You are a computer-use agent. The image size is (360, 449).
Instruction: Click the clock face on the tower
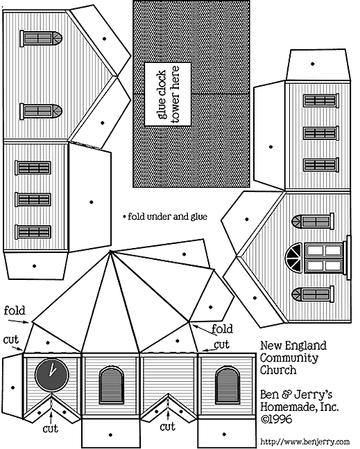(52, 375)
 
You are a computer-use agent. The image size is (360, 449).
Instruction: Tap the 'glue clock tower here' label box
(168, 94)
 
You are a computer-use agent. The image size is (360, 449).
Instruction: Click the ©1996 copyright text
(276, 419)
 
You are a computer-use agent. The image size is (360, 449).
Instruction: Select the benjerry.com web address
(305, 441)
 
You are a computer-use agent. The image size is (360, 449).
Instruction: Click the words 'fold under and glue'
(167, 216)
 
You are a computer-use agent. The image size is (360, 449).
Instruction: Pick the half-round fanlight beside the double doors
(294, 258)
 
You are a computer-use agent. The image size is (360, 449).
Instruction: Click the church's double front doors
(324, 258)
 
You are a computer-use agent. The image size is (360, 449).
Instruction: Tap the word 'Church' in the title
(278, 370)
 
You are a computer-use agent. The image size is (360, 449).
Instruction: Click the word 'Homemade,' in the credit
(289, 407)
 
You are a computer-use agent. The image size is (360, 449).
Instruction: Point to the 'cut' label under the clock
(50, 429)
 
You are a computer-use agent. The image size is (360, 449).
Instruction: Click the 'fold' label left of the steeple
(15, 310)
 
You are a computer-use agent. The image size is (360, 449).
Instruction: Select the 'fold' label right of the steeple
(222, 329)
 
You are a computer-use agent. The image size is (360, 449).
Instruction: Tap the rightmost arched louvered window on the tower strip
(227, 385)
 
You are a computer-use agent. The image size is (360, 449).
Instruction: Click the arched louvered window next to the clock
(112, 385)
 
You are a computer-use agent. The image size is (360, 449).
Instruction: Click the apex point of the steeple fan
(110, 251)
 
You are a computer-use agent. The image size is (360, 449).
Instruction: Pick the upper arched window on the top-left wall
(41, 38)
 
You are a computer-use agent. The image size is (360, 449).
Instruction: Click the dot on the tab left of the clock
(13, 388)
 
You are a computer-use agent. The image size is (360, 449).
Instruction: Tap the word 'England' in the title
(309, 346)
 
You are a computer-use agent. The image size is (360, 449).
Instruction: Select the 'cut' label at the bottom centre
(167, 427)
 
